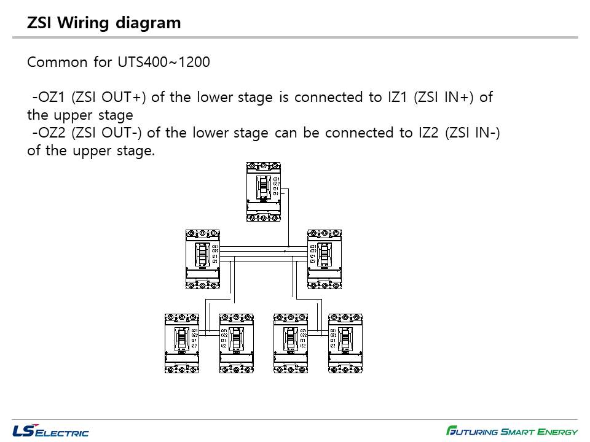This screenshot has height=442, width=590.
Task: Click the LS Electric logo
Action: [50, 431]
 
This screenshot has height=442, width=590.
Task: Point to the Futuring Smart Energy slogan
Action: [512, 431]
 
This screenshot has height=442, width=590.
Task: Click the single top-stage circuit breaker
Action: [263, 192]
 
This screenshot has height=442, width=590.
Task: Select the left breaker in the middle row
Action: [202, 259]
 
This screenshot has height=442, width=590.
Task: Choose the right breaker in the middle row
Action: [324, 259]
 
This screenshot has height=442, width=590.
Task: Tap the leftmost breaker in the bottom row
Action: [181, 343]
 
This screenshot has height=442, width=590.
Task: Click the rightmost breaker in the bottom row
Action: [345, 343]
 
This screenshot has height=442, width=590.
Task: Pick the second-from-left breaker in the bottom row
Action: [237, 343]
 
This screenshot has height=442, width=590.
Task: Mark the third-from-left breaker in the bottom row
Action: [291, 343]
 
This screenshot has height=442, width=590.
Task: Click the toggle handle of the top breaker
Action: [262, 187]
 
